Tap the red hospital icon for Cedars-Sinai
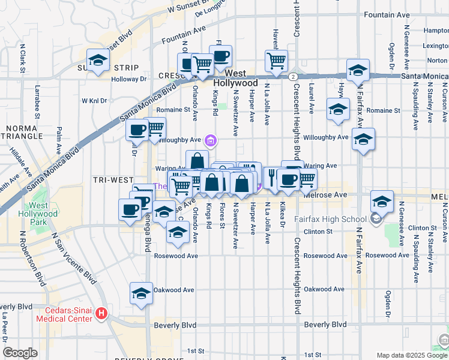pos(102,313)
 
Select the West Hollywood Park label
pos(43,214)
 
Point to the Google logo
pos(20,353)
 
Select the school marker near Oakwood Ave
pos(141,293)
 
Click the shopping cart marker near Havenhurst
pos(276,60)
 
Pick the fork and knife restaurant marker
pos(271,178)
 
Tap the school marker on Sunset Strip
pos(98,59)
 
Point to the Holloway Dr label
pos(128,79)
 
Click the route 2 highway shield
pos(292,77)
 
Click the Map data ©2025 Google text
pos(411,355)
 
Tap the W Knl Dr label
pos(94,101)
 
